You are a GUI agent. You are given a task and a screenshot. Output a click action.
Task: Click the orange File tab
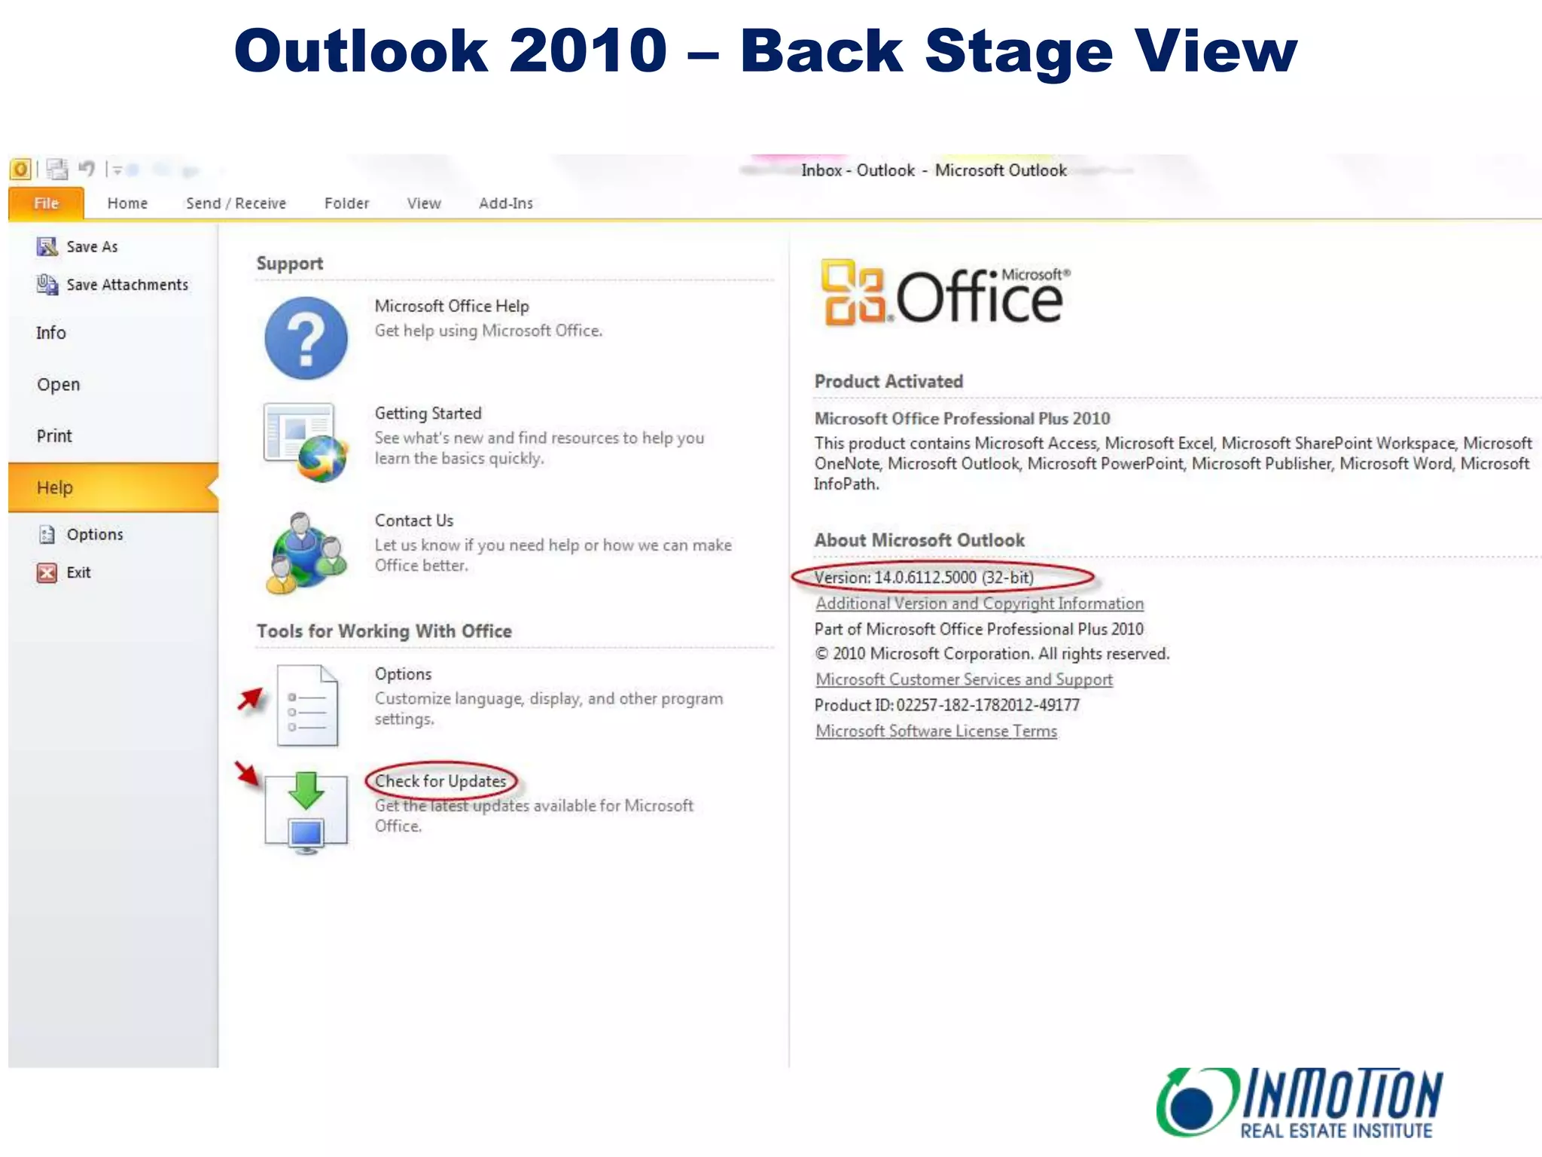(46, 203)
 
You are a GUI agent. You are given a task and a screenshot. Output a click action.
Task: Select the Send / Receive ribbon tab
(236, 203)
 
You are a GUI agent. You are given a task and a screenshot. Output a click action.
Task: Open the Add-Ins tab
(505, 203)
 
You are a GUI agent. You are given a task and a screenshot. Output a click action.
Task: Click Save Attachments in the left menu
(126, 285)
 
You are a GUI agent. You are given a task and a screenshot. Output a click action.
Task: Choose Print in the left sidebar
(54, 436)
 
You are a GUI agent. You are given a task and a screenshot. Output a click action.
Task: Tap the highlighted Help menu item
(55, 487)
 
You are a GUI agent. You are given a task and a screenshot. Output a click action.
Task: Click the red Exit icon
(47, 572)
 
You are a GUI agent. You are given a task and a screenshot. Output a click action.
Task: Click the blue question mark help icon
(306, 338)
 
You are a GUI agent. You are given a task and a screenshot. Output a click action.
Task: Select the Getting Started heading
(428, 414)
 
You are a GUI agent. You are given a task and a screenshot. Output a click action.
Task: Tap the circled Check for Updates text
(440, 781)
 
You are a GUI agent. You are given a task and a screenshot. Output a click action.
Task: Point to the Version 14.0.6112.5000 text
(924, 578)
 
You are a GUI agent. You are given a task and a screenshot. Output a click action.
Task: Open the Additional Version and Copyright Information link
(979, 603)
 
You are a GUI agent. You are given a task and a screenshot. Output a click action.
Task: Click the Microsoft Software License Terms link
(936, 731)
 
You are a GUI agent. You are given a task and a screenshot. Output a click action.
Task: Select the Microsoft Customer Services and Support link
(964, 679)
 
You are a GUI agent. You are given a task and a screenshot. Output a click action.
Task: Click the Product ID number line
(946, 705)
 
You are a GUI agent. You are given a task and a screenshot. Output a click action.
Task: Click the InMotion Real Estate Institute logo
(1300, 1101)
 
